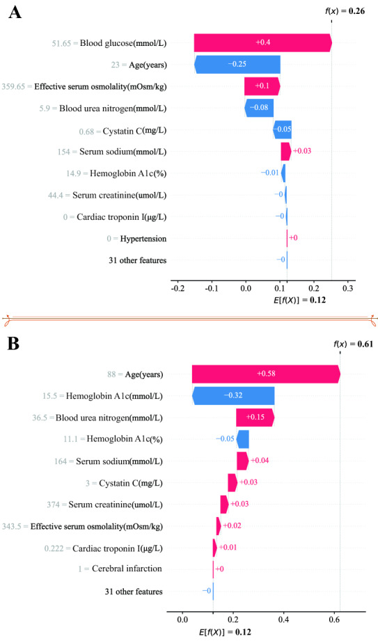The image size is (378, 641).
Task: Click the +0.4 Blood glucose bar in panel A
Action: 262,42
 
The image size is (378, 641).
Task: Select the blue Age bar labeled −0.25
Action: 237,65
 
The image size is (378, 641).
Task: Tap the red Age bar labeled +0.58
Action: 266,374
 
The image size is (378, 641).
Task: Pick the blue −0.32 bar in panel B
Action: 233,396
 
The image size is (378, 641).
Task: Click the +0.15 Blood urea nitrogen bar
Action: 255,418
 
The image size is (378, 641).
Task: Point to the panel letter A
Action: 15,13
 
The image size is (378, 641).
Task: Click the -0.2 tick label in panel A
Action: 177,289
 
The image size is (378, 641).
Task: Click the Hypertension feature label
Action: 143,239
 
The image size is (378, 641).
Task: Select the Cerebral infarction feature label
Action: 127,569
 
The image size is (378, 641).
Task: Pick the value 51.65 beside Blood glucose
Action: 61,43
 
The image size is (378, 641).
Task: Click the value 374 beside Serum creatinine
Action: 54,505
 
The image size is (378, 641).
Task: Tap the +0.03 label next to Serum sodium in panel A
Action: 302,151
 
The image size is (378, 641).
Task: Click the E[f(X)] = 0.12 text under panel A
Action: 299,301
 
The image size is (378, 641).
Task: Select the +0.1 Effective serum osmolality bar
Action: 262,86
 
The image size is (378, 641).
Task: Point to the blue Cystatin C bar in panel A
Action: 282,129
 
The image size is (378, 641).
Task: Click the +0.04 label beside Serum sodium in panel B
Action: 259,461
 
